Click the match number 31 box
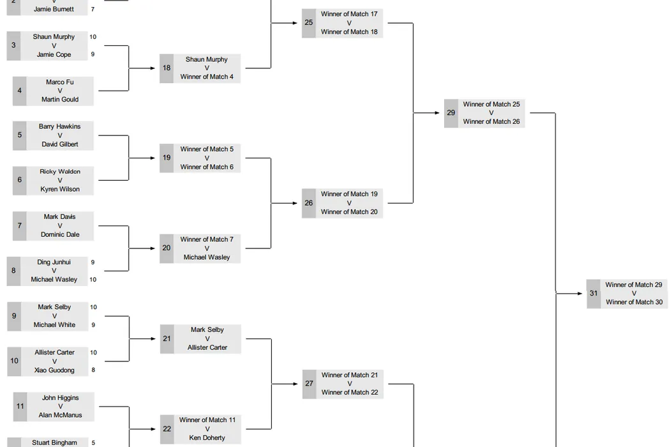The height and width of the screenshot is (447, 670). click(593, 294)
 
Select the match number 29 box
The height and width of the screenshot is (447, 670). click(451, 113)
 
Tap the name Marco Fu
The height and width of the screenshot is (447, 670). click(60, 82)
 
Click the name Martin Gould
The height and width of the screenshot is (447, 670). click(60, 100)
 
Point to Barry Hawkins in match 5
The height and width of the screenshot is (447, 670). click(60, 126)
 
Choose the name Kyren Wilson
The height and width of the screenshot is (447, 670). click(60, 189)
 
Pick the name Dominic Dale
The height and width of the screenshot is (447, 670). click(60, 234)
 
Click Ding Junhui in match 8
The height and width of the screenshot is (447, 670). click(54, 262)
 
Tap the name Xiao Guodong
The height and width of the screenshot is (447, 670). click(54, 370)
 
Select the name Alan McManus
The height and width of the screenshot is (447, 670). click(60, 415)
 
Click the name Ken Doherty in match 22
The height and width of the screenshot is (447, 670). click(207, 438)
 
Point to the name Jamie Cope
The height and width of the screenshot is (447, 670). click(54, 55)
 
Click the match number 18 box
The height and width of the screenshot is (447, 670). click(167, 68)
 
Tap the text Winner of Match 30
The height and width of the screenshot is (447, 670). click(634, 302)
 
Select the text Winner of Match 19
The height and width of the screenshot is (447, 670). click(349, 194)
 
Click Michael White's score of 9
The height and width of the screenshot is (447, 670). click(93, 325)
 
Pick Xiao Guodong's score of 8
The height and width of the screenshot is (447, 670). click(93, 370)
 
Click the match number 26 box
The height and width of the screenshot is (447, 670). click(309, 203)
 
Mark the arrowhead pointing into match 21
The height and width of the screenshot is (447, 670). click(157, 338)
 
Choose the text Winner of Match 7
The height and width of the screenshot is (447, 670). click(207, 239)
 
